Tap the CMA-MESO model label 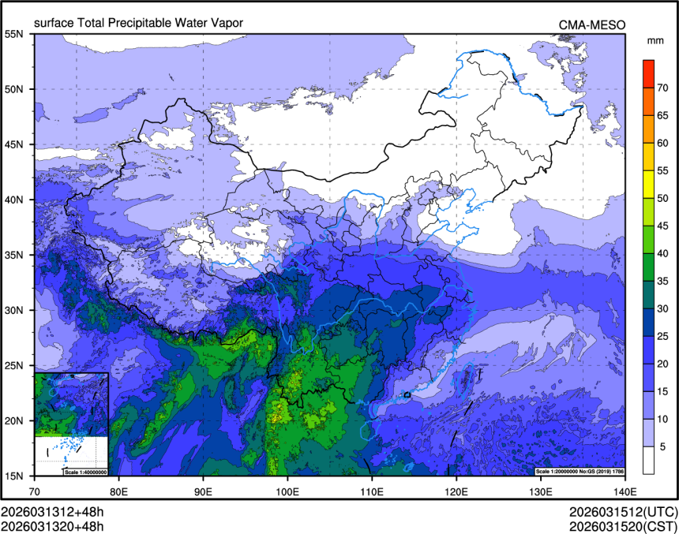(591, 24)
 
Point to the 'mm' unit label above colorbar (655, 40)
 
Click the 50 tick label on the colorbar (664, 198)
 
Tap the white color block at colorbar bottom (647, 459)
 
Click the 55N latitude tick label (15, 34)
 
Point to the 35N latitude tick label (15, 255)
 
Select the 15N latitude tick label (15, 476)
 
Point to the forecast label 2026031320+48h (52, 526)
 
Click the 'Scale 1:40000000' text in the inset (84, 472)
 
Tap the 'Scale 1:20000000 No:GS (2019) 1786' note (580, 472)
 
